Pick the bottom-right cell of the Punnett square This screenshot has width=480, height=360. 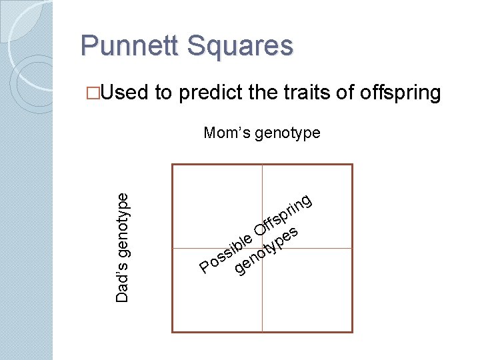pyautogui.click(x=307, y=290)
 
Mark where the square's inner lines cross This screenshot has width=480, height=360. pyautogui.click(x=262, y=248)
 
